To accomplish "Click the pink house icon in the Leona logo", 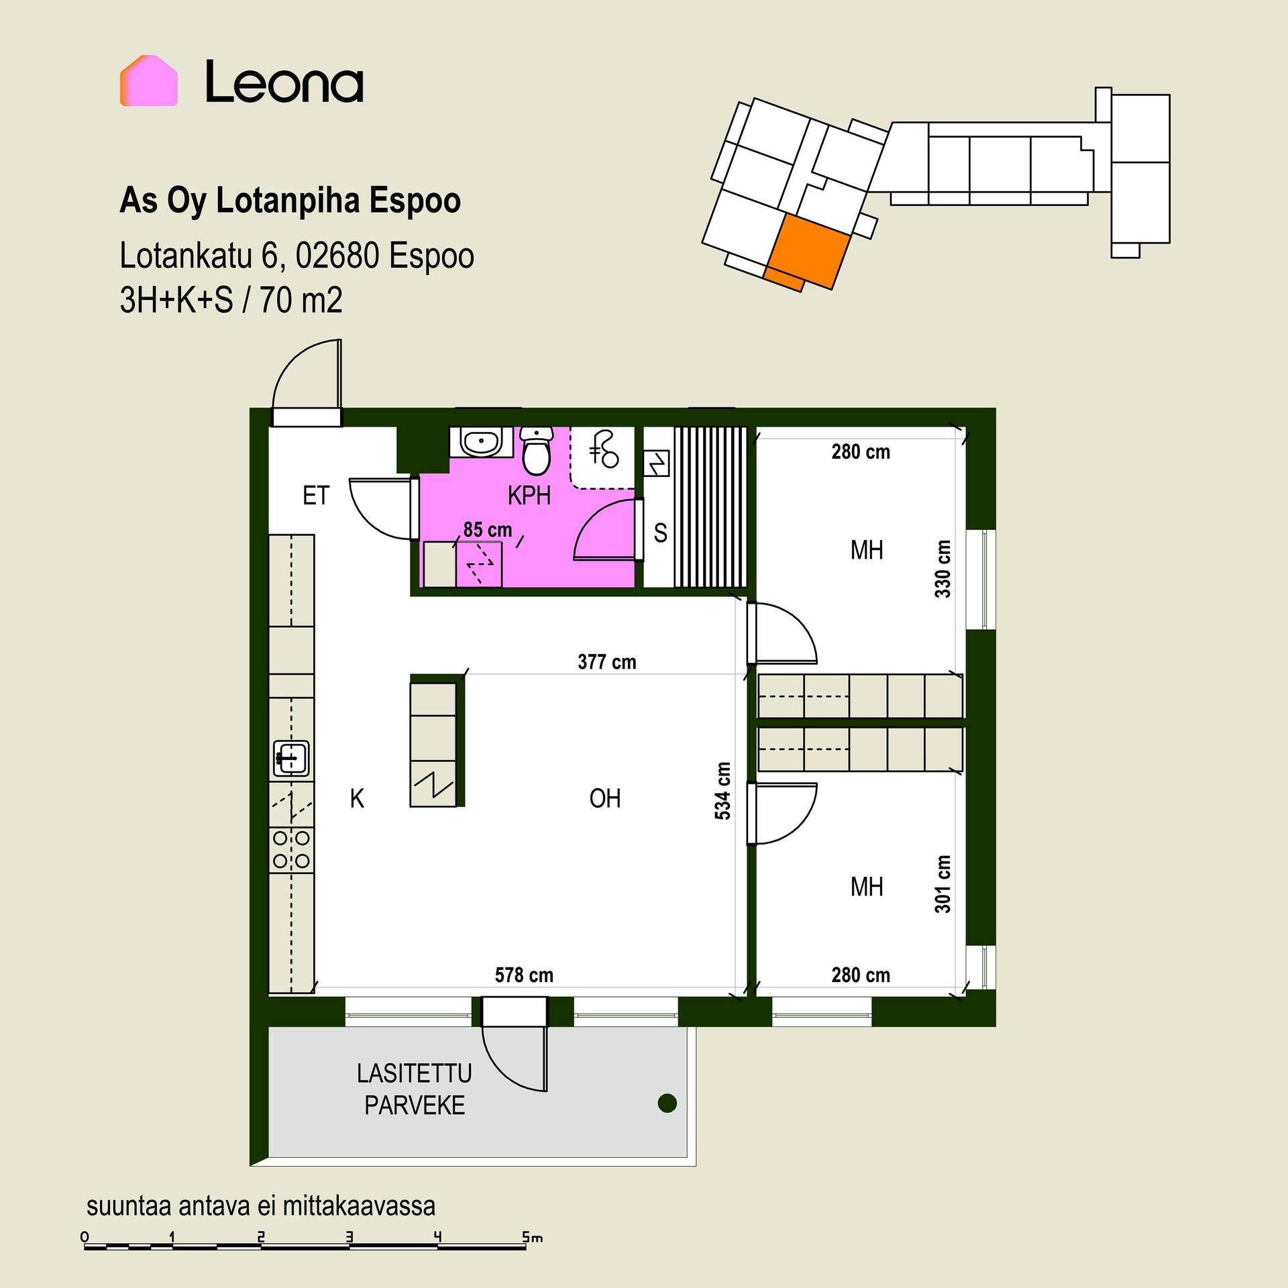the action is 149,80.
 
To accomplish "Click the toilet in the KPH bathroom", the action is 537,450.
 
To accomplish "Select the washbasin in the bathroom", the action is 481,442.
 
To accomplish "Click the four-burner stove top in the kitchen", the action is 292,849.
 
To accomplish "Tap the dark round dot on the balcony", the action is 667,1103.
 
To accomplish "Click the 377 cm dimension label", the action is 606,662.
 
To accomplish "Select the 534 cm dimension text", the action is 722,790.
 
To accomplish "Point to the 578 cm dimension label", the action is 524,975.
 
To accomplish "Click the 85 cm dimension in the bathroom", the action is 488,530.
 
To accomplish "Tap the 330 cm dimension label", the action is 943,569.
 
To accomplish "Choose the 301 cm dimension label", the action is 943,883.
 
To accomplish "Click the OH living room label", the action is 605,798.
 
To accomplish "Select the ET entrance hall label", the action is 316,496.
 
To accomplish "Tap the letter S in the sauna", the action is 661,533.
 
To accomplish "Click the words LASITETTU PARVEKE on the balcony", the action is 415,1089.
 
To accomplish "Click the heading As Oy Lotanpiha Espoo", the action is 290,201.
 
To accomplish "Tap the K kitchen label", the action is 357,798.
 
